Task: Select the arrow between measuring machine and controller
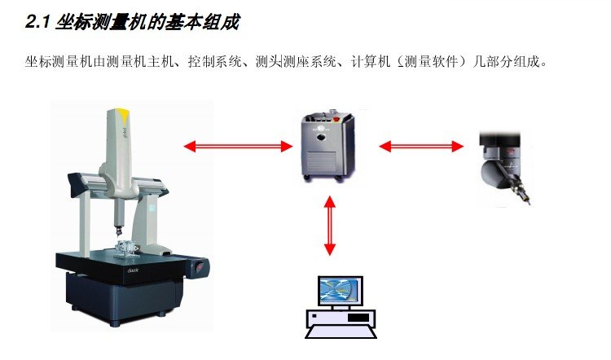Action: coord(237,147)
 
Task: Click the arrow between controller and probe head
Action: coord(421,147)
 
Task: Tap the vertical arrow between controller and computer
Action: coord(329,226)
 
